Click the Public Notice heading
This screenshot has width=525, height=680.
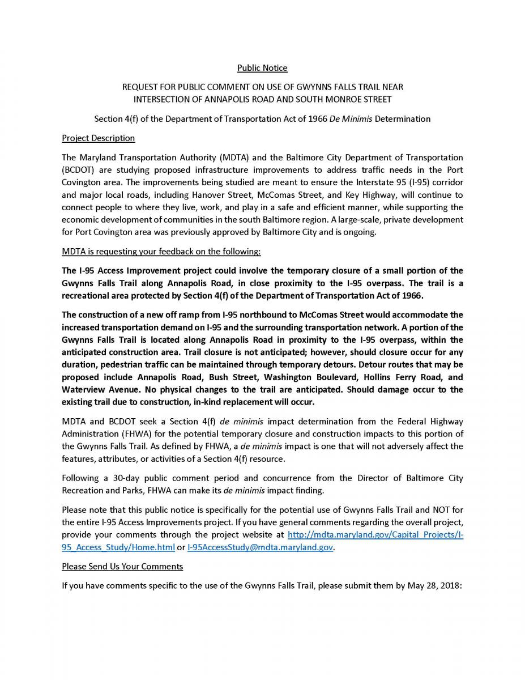click(262, 68)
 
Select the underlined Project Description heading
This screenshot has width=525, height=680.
click(98, 138)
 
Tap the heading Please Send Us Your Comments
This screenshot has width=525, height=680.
click(122, 566)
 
